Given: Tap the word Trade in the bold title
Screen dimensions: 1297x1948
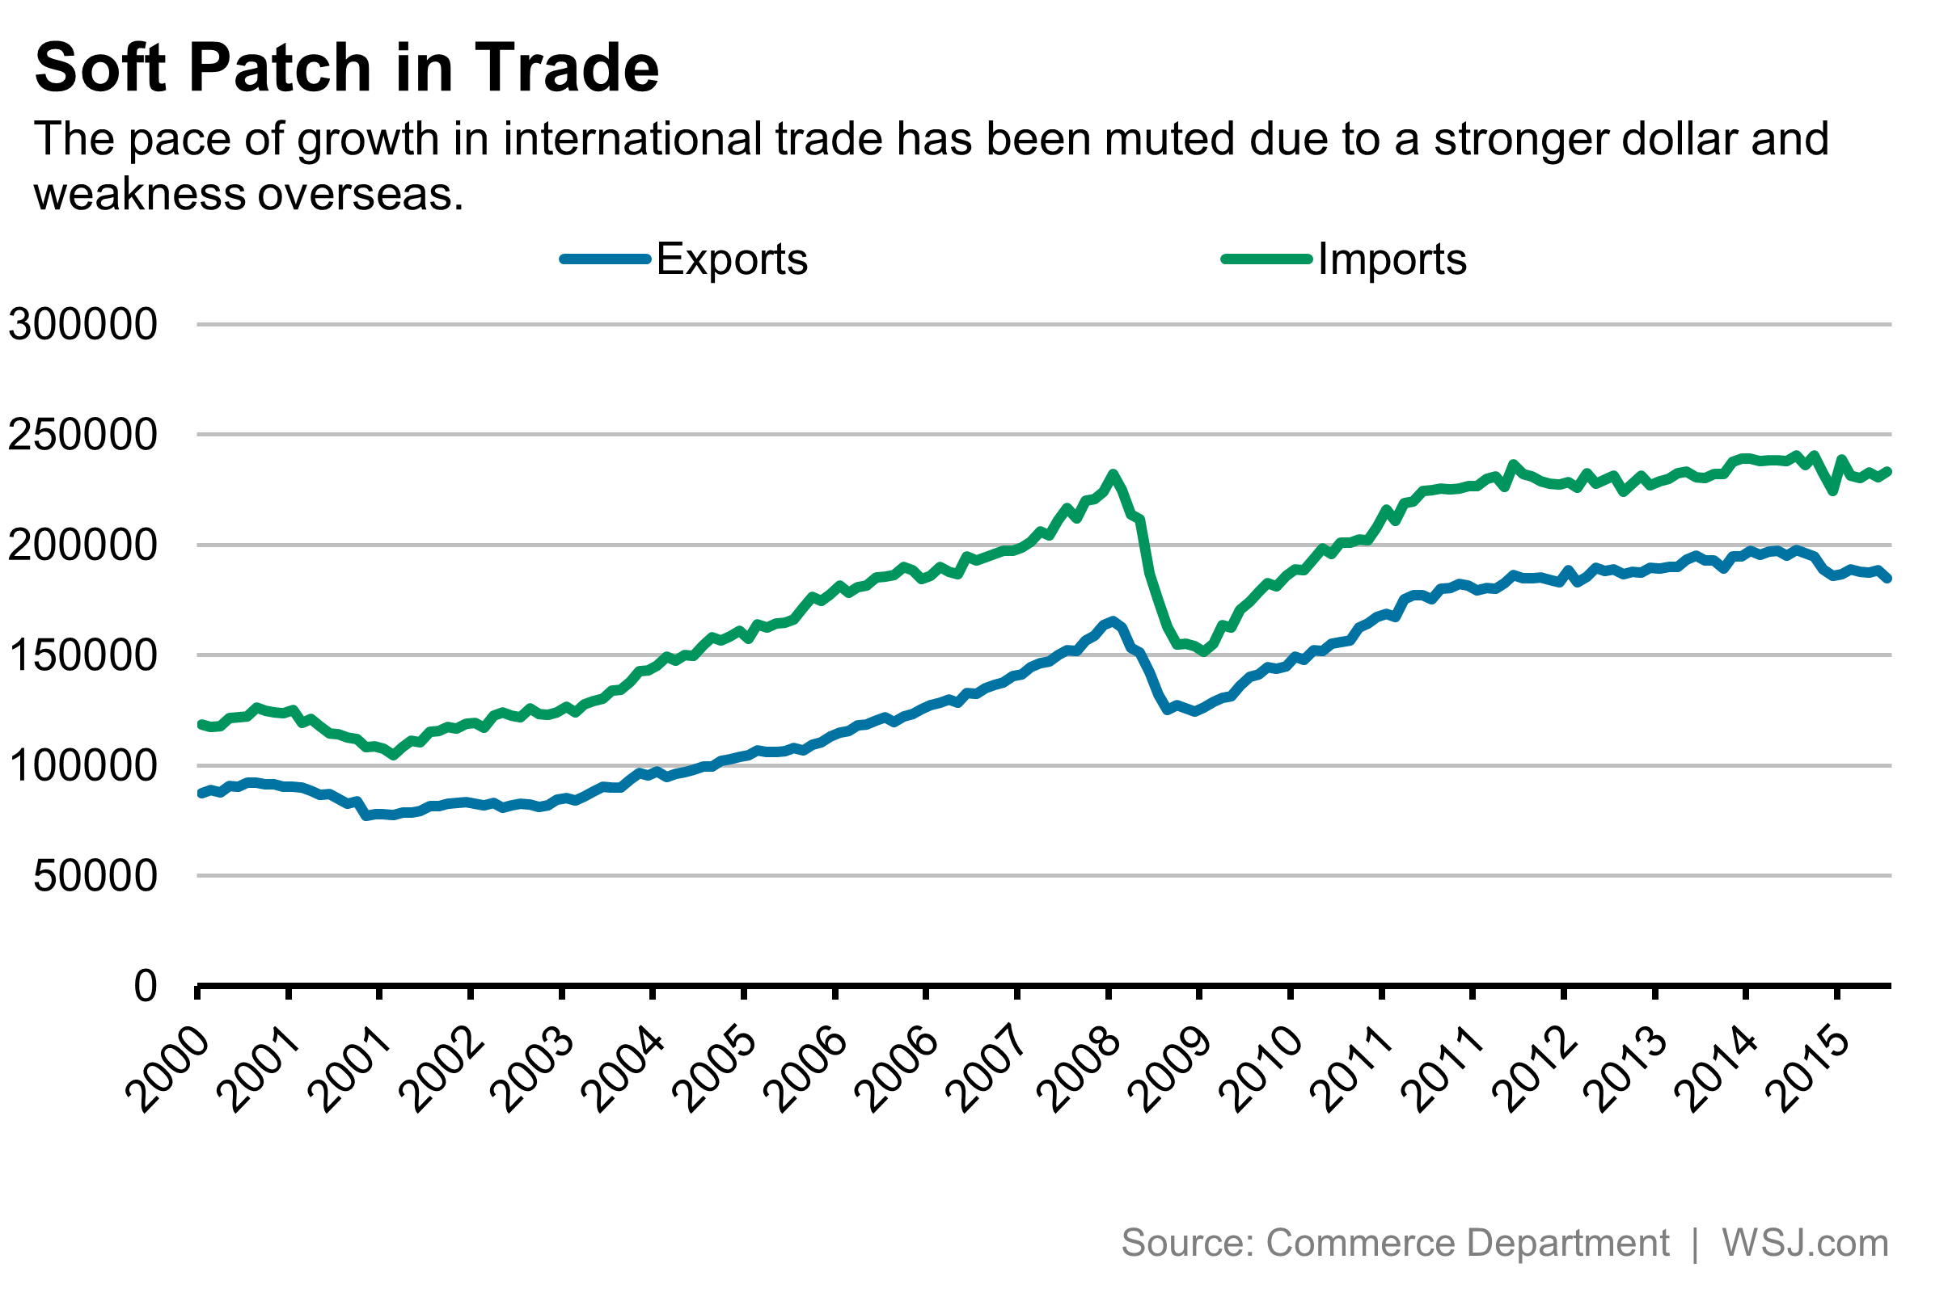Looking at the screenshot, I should [566, 68].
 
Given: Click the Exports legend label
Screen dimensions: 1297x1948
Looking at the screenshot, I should [732, 259].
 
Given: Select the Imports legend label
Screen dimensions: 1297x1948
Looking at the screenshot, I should [1392, 259].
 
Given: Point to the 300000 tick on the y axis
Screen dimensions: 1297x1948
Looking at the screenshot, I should [82, 324].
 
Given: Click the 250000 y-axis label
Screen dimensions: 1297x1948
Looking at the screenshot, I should [82, 434].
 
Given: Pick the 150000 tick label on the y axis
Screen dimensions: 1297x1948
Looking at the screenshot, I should [82, 655].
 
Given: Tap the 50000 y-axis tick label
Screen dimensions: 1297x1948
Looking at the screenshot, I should [95, 875].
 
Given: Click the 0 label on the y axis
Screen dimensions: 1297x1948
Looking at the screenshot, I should [145, 986].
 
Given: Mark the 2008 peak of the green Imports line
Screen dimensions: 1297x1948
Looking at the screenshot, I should [1113, 475].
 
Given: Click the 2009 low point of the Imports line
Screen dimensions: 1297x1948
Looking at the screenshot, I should [1204, 652].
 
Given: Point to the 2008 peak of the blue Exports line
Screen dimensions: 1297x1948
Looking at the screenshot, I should [1112, 621].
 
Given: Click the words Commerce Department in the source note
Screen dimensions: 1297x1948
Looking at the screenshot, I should [1467, 1242].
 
